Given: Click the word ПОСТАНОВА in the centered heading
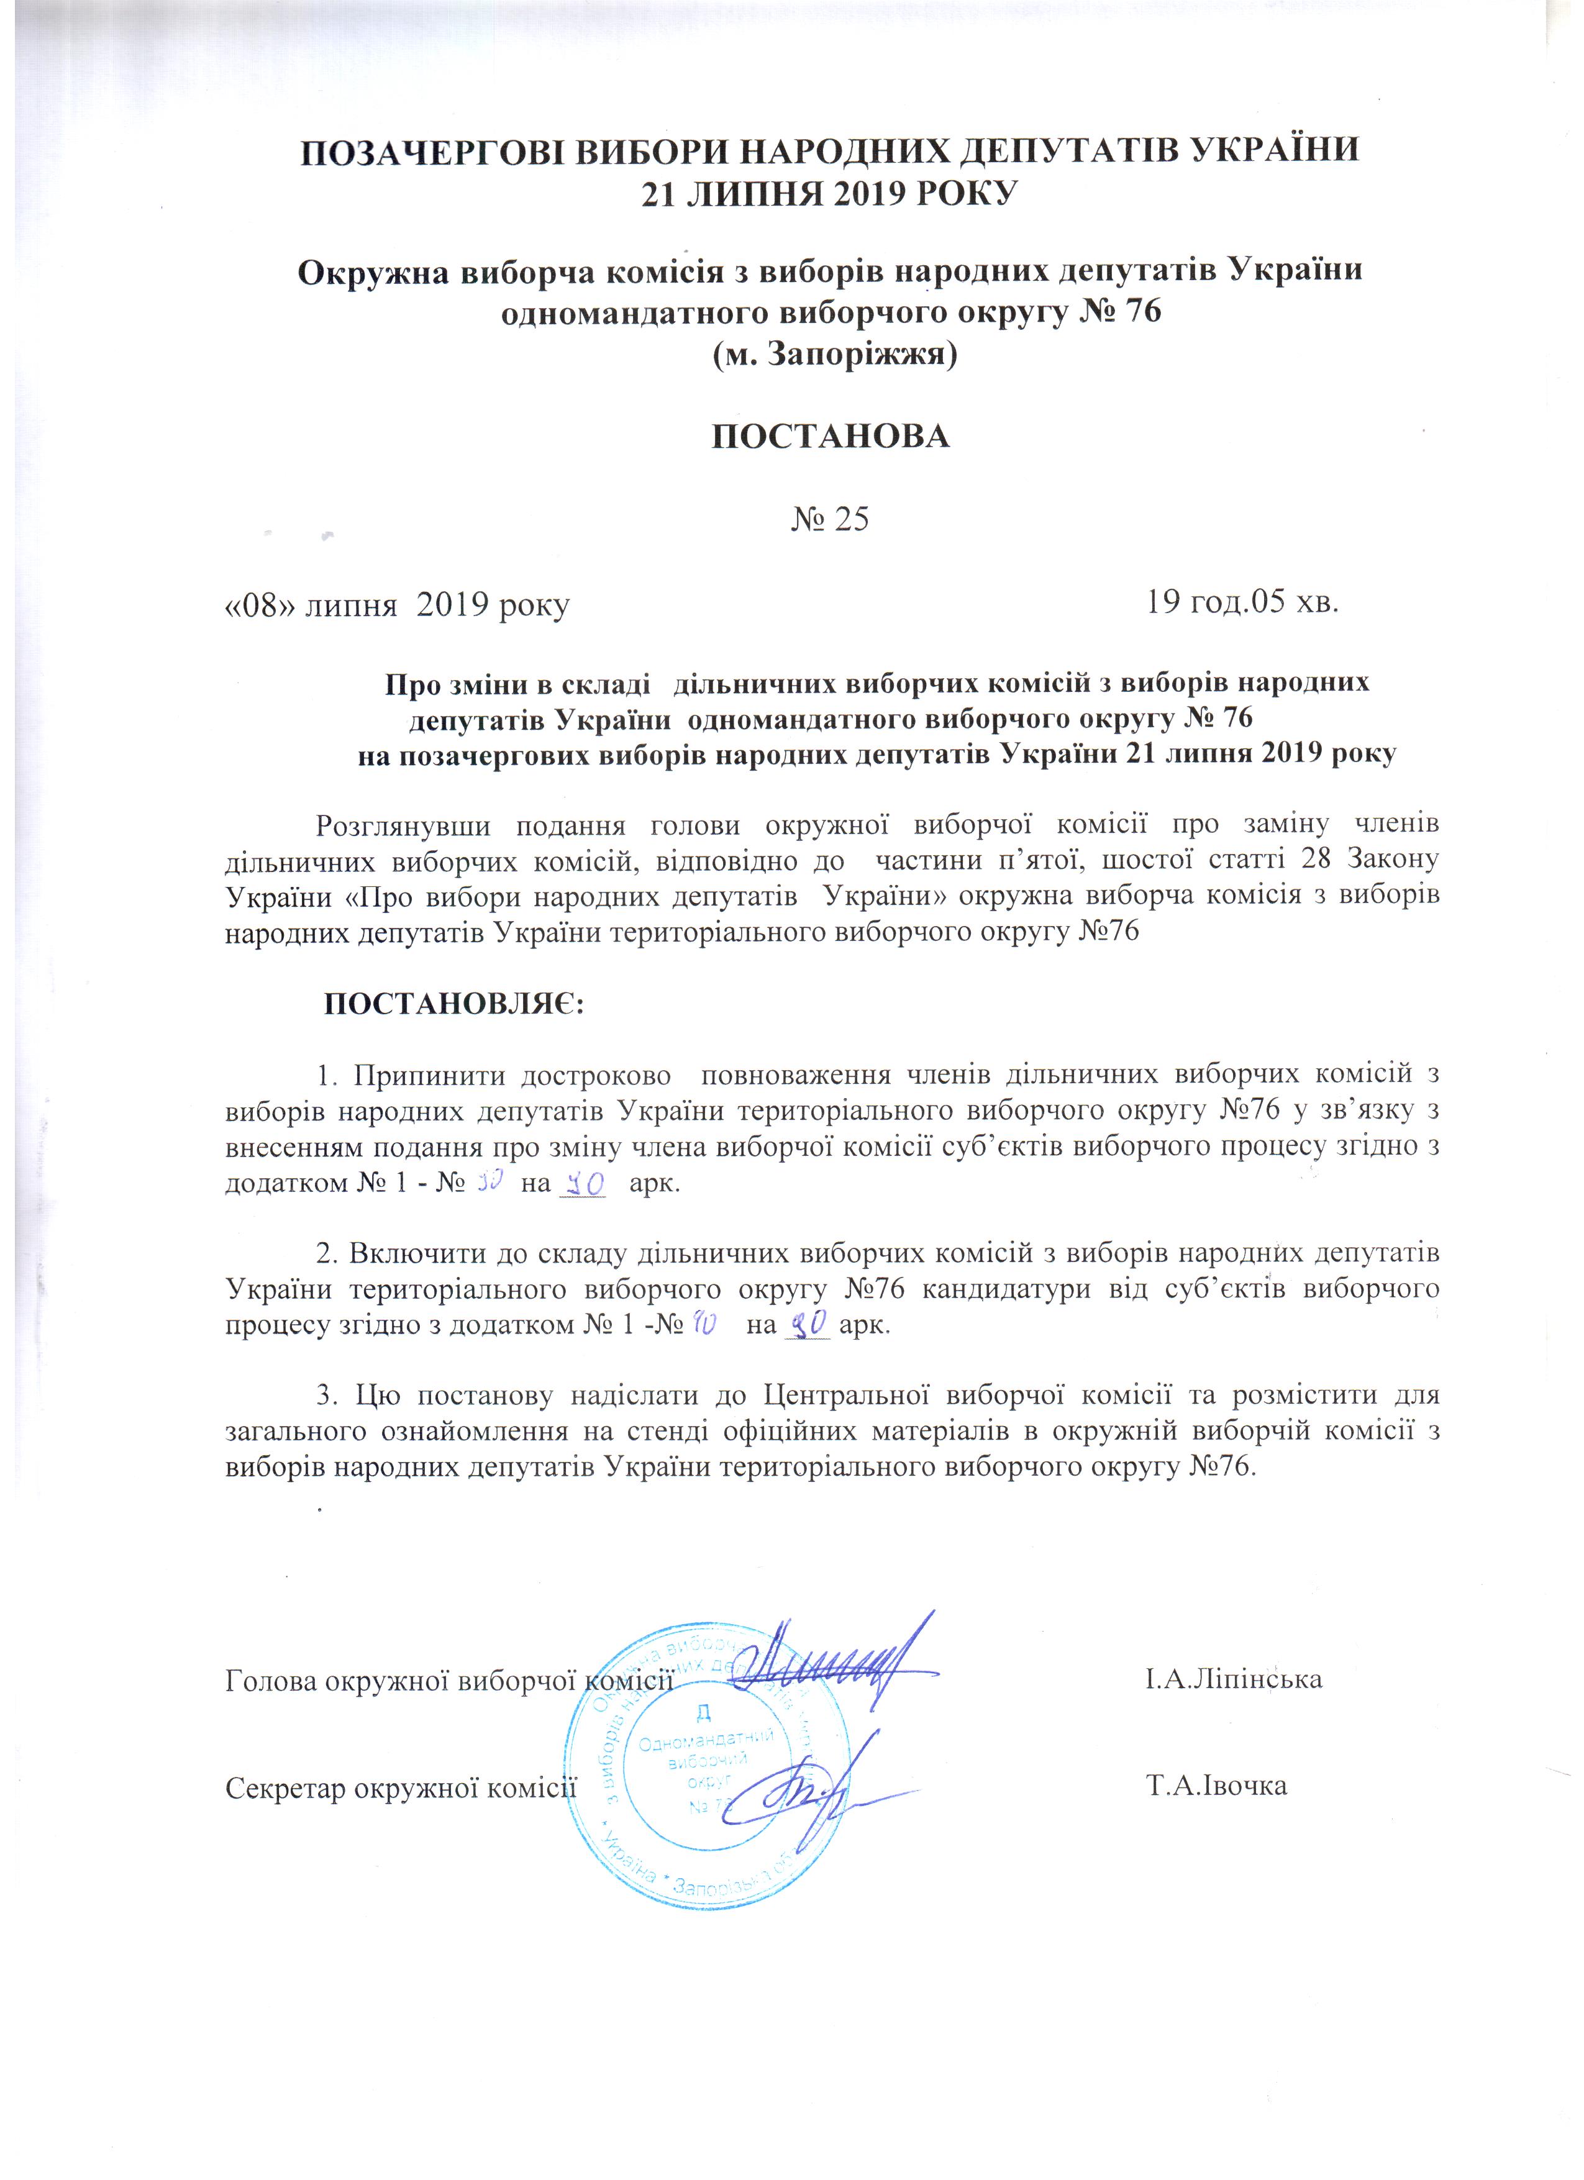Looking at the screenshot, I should (831, 437).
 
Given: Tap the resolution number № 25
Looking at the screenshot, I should (831, 520).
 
